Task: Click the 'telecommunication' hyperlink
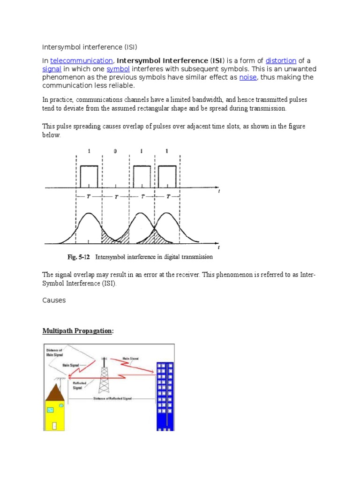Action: (x=81, y=60)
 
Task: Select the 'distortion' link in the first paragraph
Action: (x=281, y=60)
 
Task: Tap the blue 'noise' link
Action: (x=248, y=77)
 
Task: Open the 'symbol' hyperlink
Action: (x=118, y=69)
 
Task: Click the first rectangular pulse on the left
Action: (x=89, y=176)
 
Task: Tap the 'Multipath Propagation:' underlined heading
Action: (x=78, y=331)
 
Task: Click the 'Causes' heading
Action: (x=54, y=300)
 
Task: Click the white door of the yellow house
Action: (x=55, y=426)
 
